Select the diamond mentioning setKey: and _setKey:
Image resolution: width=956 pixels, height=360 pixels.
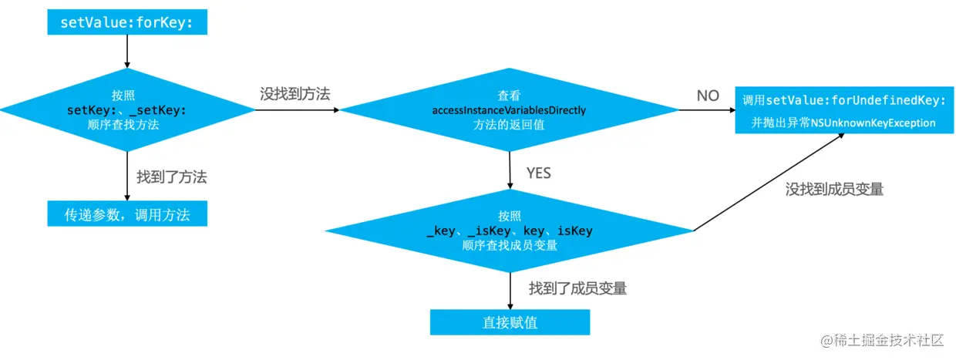click(127, 110)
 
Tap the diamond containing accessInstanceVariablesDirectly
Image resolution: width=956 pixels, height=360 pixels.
click(509, 110)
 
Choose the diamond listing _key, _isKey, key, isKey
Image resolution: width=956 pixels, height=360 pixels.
click(509, 231)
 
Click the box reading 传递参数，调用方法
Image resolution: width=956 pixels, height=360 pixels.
click(127, 214)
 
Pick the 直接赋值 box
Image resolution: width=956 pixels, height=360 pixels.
click(510, 322)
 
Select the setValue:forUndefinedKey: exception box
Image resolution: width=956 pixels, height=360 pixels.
click(843, 110)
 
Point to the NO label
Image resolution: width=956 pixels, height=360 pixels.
click(707, 96)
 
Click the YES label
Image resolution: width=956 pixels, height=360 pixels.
click(538, 173)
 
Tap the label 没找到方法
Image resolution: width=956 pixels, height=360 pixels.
click(295, 94)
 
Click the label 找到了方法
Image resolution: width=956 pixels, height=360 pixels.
click(172, 177)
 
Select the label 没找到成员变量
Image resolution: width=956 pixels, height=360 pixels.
click(834, 189)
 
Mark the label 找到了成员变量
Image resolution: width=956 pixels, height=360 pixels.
click(577, 289)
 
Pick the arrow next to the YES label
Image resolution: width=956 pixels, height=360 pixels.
click(510, 171)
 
